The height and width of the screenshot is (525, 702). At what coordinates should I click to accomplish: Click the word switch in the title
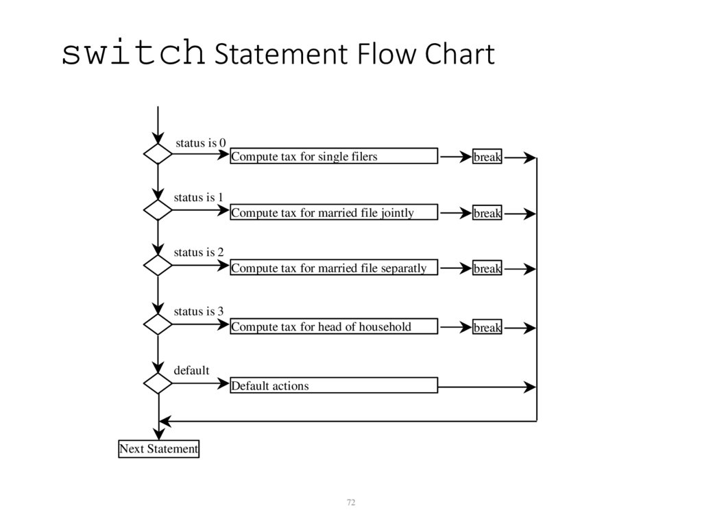[133, 54]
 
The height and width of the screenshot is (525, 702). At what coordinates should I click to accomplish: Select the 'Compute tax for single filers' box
[333, 156]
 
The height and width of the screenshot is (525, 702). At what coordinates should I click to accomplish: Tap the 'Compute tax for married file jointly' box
[333, 212]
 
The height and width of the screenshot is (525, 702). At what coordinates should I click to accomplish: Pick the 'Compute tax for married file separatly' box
[333, 268]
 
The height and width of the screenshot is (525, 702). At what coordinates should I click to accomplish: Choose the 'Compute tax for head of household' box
[333, 326]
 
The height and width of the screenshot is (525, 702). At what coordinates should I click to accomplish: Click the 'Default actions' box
[333, 385]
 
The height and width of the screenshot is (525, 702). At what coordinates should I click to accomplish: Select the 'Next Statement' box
[158, 449]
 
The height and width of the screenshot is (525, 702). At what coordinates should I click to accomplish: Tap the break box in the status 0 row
[487, 157]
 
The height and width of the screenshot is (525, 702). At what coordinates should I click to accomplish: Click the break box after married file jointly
[487, 213]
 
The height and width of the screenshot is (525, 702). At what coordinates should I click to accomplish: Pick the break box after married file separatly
[487, 268]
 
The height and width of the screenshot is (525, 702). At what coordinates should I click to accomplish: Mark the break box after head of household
[487, 327]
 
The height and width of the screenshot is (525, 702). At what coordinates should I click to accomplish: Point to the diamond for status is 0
[158, 154]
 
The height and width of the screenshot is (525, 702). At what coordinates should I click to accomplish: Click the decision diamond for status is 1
[158, 209]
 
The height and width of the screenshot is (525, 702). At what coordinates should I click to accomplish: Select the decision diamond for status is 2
[158, 265]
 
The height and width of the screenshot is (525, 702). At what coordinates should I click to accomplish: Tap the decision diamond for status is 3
[158, 324]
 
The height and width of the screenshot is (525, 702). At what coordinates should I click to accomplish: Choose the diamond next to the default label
[158, 383]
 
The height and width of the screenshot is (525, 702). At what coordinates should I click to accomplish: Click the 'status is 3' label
[199, 311]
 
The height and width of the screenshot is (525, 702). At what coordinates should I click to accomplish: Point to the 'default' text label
[191, 370]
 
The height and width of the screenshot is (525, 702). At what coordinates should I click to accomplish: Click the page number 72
[351, 502]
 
